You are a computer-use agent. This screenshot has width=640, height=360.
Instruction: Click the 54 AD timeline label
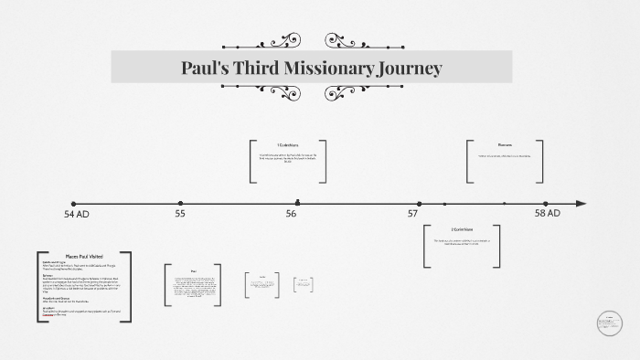pyautogui.click(x=77, y=215)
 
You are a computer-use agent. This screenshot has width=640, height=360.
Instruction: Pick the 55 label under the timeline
pyautogui.click(x=180, y=215)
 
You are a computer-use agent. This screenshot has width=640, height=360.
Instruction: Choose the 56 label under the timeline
pyautogui.click(x=291, y=215)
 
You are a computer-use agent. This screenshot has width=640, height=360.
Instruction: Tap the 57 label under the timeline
pyautogui.click(x=413, y=215)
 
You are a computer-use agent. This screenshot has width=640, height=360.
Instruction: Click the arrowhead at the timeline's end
pyautogui.click(x=581, y=204)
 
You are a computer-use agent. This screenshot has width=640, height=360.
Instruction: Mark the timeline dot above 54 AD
pyautogui.click(x=73, y=204)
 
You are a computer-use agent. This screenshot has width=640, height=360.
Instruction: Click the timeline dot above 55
pyautogui.click(x=180, y=204)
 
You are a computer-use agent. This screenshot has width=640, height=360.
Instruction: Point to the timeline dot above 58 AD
pyautogui.click(x=545, y=204)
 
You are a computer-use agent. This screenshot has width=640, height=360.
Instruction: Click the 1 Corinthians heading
pyautogui.click(x=288, y=145)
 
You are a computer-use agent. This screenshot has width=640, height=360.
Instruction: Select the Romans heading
pyautogui.click(x=505, y=145)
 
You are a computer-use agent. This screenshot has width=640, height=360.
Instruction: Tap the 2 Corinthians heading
pyautogui.click(x=463, y=229)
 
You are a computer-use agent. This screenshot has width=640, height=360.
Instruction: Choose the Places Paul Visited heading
pyautogui.click(x=84, y=257)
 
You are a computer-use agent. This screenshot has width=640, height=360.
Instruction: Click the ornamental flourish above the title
pyautogui.click(x=312, y=40)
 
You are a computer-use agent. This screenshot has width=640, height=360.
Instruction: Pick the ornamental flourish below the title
pyautogui.click(x=312, y=94)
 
